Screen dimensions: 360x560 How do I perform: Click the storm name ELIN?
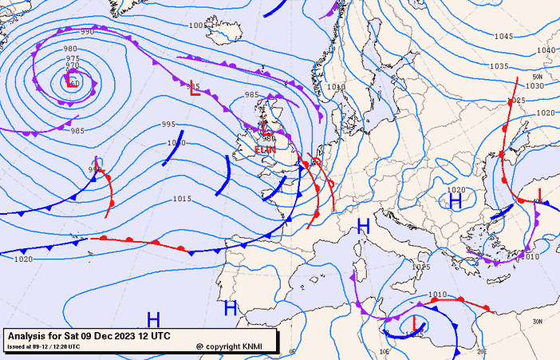coord(265,149)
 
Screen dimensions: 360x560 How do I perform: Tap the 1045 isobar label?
coord(503,37)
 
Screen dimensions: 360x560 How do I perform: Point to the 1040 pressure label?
coord(546,50)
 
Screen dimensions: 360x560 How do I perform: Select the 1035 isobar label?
coord(499,66)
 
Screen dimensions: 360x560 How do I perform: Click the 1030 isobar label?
coord(534,86)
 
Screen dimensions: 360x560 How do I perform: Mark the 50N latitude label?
coord(537,77)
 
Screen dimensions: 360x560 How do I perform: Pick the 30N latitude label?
coord(536,321)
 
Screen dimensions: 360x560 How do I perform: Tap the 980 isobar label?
coord(70,49)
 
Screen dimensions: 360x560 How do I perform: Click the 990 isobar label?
coord(87,32)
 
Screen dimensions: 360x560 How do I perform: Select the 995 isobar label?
coord(168,125)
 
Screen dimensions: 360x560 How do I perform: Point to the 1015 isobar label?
coord(182,199)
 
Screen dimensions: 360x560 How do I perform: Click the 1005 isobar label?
coord(198,26)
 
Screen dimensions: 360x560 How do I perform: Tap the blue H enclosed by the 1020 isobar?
coord(455,201)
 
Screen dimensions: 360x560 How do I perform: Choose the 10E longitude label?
coord(385,350)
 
